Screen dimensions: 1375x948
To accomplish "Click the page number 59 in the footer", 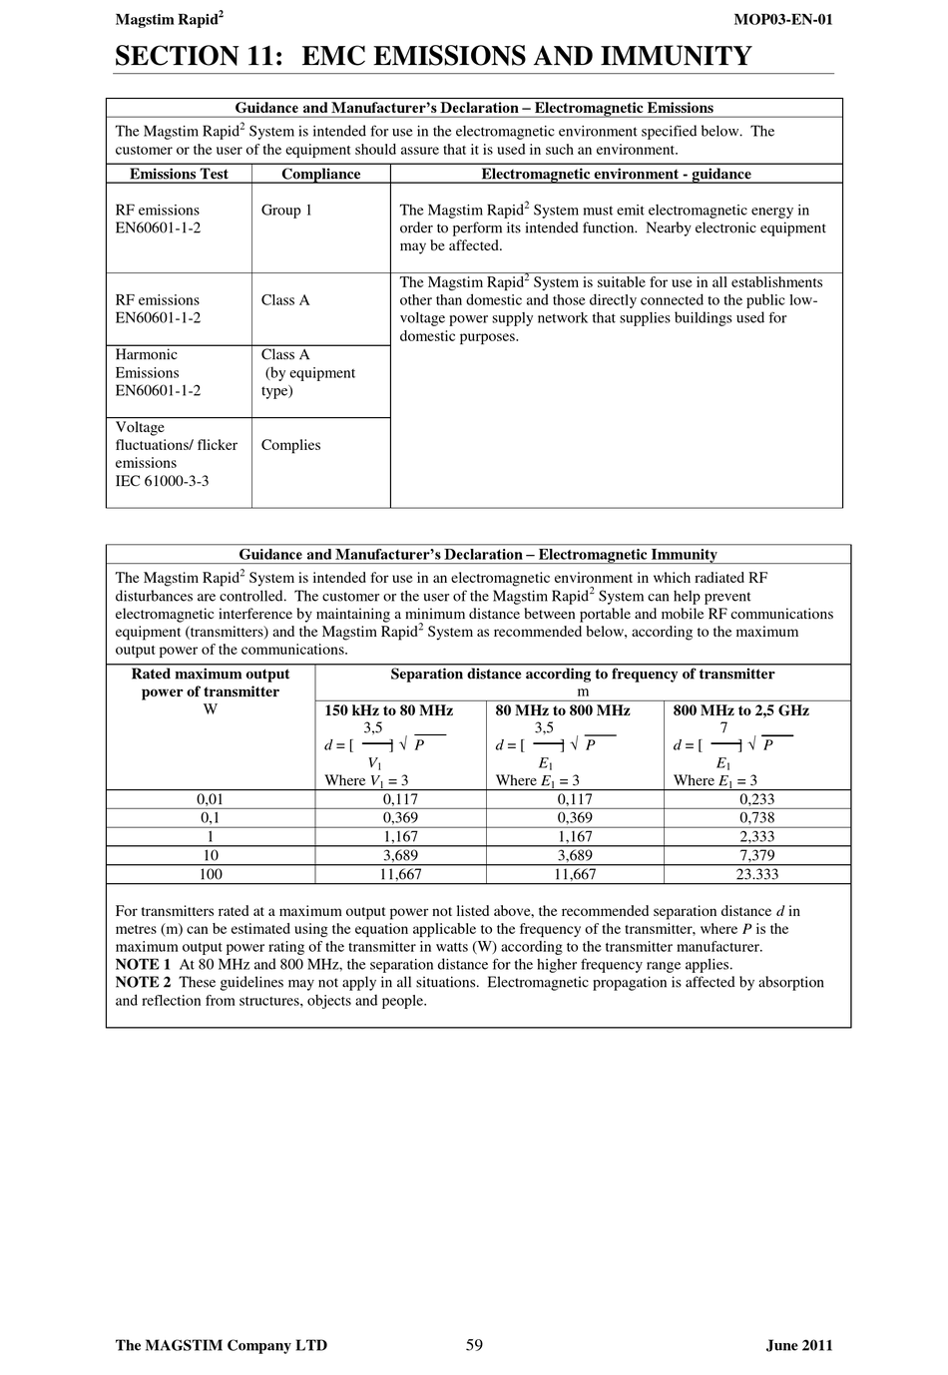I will point(474,1345).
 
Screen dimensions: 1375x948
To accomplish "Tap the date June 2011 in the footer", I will point(799,1345).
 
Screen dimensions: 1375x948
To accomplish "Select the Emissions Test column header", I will point(179,174).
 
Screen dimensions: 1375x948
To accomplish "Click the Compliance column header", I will point(320,174).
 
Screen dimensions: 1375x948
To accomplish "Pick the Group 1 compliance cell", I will point(286,210).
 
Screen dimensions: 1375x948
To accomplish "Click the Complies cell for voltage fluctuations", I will point(290,445).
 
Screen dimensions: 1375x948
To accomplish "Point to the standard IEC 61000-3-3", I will point(162,481).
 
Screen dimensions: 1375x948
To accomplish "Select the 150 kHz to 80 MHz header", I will point(388,710).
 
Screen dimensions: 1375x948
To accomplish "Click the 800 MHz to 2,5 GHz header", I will point(740,710).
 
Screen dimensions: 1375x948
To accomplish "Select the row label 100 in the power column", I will point(211,874).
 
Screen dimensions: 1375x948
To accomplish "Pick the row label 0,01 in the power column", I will point(211,799).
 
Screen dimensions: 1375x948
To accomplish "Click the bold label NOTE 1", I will point(143,965).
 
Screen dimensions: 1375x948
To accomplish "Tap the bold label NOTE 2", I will point(143,983).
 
